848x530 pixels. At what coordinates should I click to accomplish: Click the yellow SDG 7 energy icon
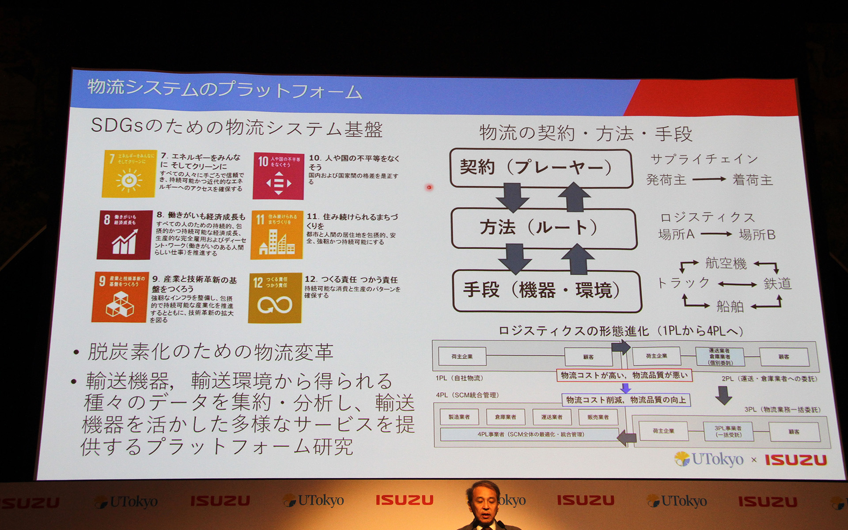click(x=129, y=174)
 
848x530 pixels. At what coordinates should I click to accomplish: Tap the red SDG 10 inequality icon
click(x=278, y=176)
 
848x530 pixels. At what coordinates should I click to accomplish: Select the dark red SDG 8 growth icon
click(x=124, y=235)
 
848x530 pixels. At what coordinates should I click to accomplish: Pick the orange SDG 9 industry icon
click(x=119, y=297)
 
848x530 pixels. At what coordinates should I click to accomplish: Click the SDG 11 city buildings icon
click(x=277, y=235)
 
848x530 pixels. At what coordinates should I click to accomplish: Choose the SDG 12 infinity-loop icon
click(x=275, y=299)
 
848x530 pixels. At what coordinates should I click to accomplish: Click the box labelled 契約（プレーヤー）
click(x=541, y=168)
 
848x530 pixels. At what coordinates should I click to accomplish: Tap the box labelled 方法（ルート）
click(x=543, y=228)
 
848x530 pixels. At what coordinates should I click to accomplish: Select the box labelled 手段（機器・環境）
click(x=546, y=291)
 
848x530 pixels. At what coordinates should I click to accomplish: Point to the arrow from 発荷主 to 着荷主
click(x=709, y=179)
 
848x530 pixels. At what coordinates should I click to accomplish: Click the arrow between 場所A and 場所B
click(x=716, y=234)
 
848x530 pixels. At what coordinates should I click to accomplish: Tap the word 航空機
click(x=726, y=264)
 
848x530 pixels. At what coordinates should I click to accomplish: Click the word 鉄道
click(x=777, y=284)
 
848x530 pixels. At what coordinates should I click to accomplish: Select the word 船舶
click(x=730, y=306)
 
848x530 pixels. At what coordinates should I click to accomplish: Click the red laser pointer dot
click(x=429, y=187)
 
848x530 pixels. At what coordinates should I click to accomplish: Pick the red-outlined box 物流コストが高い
click(x=624, y=375)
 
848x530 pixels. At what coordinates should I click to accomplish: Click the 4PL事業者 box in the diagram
click(x=530, y=434)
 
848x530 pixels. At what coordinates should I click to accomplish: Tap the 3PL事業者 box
click(x=728, y=431)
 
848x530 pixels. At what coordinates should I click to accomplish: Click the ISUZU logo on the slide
click(x=795, y=460)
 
